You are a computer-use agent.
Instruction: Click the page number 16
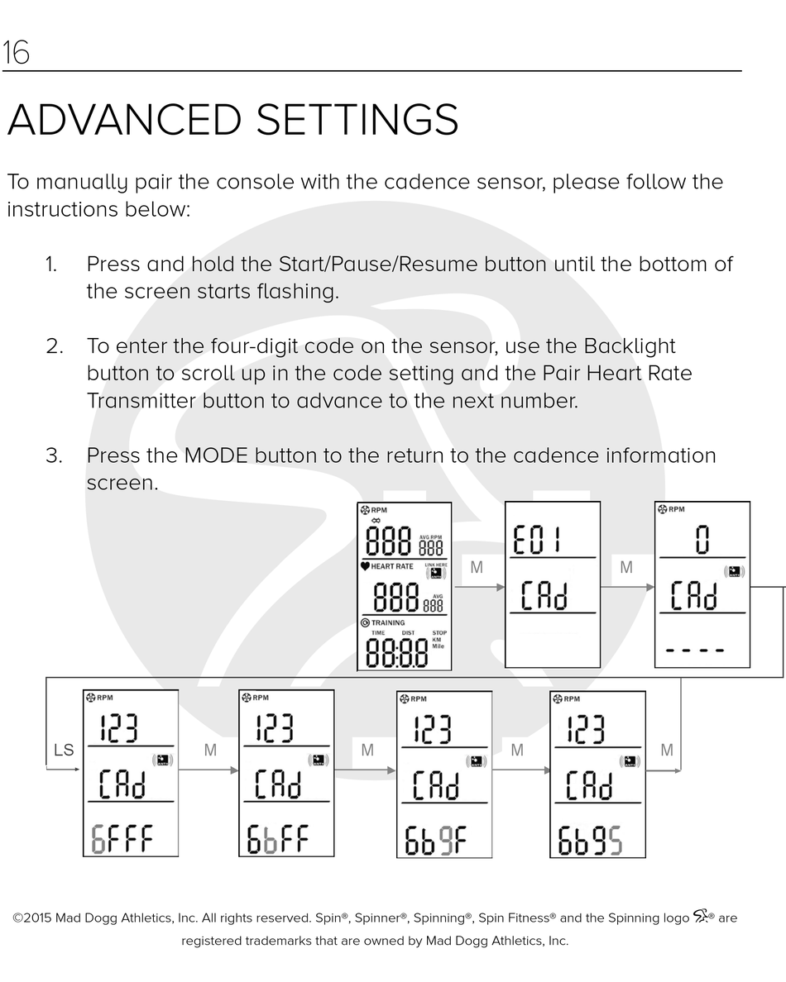(x=17, y=53)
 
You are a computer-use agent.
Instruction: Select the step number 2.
(x=55, y=346)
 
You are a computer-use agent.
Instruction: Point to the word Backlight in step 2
(x=630, y=346)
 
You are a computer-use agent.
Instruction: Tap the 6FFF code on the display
(x=122, y=840)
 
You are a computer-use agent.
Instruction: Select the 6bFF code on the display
(x=277, y=840)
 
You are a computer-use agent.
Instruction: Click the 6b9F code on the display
(x=436, y=840)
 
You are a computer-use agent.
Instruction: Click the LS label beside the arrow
(x=64, y=751)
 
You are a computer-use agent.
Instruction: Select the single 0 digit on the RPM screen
(x=702, y=541)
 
